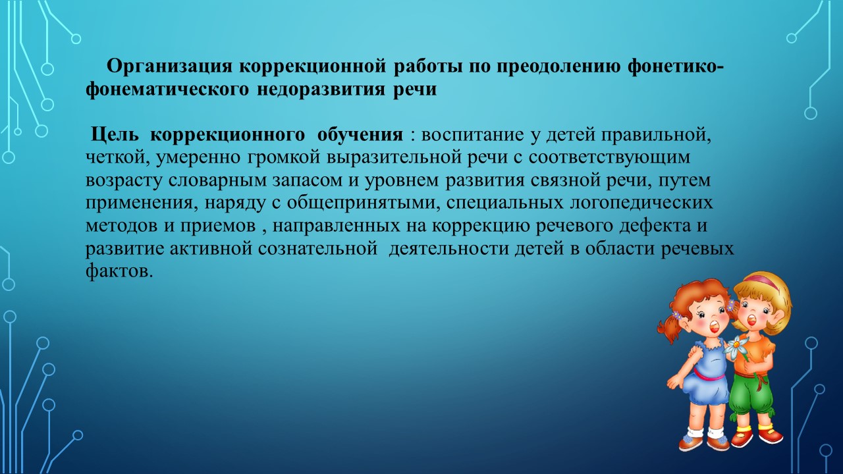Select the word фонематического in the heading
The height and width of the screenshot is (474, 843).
(x=167, y=90)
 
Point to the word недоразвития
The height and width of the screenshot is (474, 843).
(x=321, y=90)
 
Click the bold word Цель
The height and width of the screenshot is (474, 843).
(x=115, y=135)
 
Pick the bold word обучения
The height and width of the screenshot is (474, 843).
(x=360, y=135)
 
